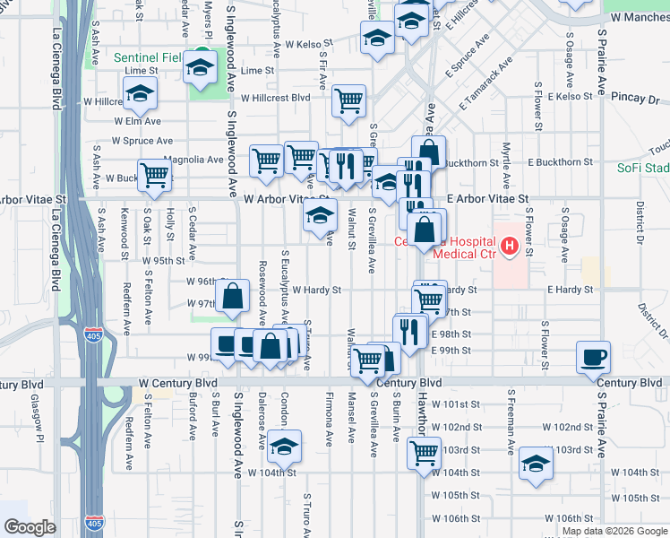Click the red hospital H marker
point(510,244)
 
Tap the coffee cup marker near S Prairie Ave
point(594,357)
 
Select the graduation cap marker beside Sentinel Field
point(201,67)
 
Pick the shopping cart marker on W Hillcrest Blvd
point(348,100)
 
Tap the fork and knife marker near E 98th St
point(410,331)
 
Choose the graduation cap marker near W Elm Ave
point(140,93)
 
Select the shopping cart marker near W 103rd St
point(424,453)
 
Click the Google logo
point(30,526)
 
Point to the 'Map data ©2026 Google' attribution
point(614,531)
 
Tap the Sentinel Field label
point(148,57)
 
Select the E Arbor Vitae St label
point(489,197)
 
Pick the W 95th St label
point(164,260)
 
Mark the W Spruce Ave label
point(142,141)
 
